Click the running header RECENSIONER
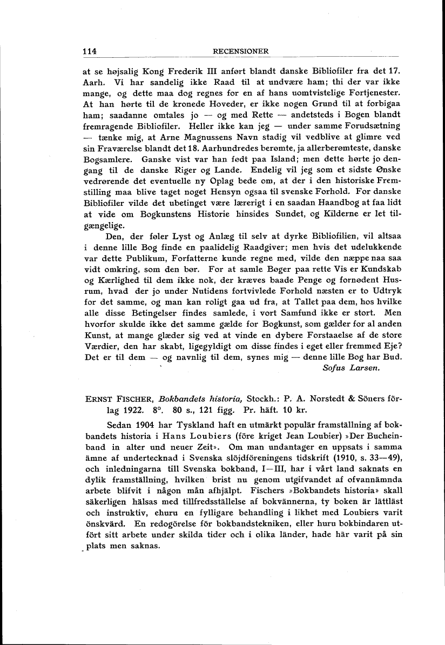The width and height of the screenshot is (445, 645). pos(241,51)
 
